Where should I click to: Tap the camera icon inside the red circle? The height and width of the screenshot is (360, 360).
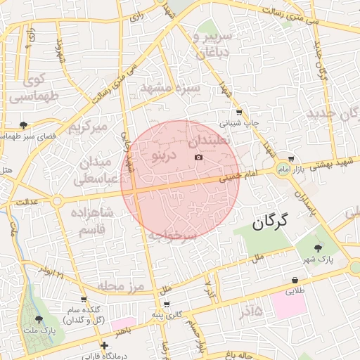pos(198,157)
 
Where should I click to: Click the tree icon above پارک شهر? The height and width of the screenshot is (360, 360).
pos(319,247)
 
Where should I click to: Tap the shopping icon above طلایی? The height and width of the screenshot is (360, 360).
pos(294,279)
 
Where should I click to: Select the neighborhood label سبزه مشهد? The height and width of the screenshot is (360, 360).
pos(171,88)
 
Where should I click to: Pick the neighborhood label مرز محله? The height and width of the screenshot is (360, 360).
pos(120,285)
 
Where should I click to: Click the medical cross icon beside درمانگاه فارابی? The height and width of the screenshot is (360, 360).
pos(104,345)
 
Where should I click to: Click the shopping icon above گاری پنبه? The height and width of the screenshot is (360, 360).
pos(166,304)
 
